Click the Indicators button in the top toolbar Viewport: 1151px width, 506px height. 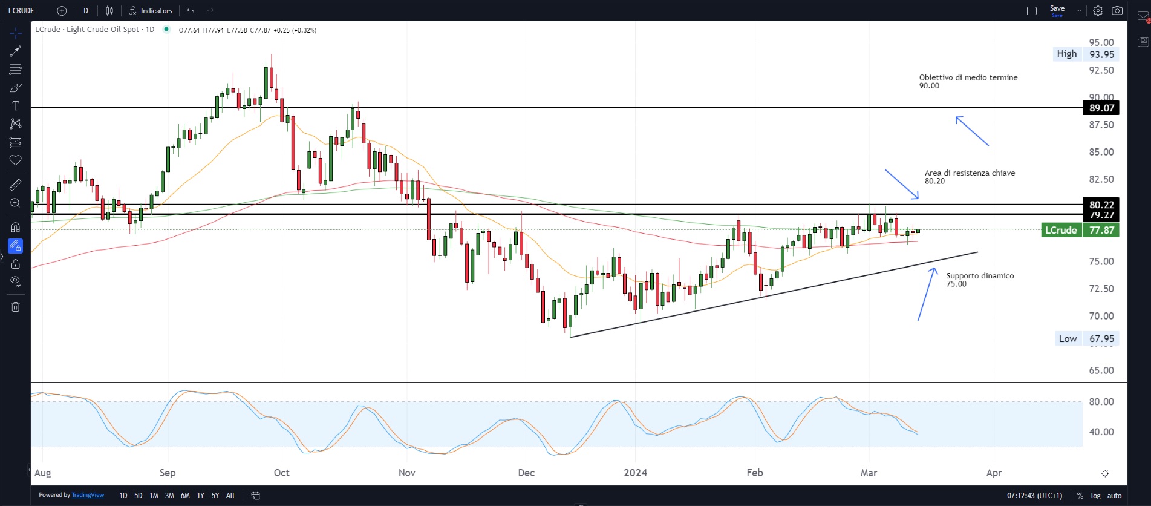[x=151, y=11]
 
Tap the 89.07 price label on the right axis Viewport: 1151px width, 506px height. [x=1101, y=108]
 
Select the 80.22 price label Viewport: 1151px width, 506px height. [x=1101, y=205]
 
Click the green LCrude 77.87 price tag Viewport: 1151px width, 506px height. [x=1080, y=230]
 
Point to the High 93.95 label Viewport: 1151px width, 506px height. [x=1085, y=54]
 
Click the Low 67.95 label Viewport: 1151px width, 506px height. [x=1086, y=339]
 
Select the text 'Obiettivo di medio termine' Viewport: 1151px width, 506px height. [x=968, y=77]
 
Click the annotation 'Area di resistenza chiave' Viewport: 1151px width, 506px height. [x=970, y=173]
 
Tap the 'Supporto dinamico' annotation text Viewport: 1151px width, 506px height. [x=980, y=276]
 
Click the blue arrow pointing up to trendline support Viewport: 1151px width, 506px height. [x=927, y=294]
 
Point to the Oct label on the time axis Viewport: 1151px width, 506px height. [x=281, y=473]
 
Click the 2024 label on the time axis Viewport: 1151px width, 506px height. [x=635, y=473]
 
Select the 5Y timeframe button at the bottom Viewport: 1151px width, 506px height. [x=215, y=496]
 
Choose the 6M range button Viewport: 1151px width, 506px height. [x=185, y=496]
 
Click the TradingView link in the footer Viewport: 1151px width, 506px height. [x=88, y=495]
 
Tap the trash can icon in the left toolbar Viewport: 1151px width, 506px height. [x=16, y=307]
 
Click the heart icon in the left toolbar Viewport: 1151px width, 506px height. [x=16, y=160]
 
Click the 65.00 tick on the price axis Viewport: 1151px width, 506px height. [x=1101, y=370]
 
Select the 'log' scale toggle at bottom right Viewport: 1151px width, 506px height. [x=1095, y=496]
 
